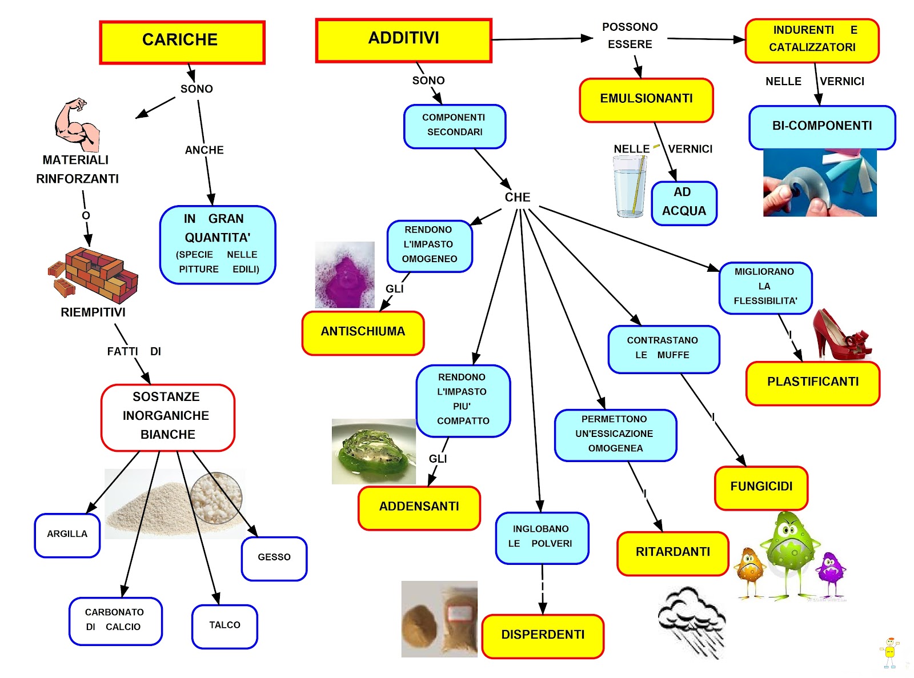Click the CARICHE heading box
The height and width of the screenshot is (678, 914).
[x=182, y=42]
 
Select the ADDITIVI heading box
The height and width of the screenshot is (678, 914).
[x=403, y=40]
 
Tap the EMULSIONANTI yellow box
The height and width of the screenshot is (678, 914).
[x=646, y=100]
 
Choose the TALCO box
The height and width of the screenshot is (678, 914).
[x=225, y=626]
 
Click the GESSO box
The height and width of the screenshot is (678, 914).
[x=274, y=558]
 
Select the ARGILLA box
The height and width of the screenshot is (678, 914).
[x=67, y=535]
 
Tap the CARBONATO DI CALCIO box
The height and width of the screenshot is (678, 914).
[x=115, y=621]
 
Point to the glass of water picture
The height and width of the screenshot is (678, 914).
[x=630, y=186]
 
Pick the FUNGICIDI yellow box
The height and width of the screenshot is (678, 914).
[x=761, y=487]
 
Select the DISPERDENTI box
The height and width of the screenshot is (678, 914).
[x=543, y=636]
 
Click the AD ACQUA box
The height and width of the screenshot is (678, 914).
[x=684, y=203]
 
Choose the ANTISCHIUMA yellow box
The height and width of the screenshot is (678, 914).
[x=363, y=332]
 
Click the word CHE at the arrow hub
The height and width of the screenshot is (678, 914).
[x=518, y=198]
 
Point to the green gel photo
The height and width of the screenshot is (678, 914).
[x=374, y=452]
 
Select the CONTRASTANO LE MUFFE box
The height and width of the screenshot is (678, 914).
[x=663, y=348]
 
